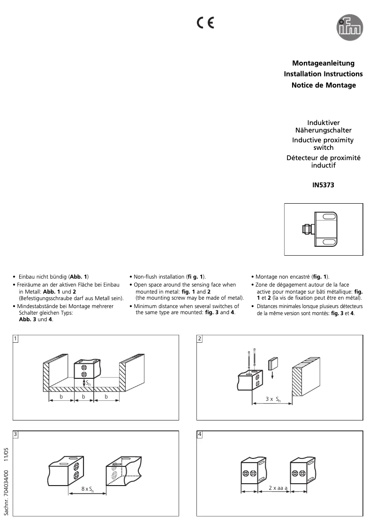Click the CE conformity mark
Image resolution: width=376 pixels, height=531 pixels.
(205, 22)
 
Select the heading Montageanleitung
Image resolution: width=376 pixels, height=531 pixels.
(323, 63)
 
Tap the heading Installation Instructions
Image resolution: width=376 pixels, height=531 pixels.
(323, 74)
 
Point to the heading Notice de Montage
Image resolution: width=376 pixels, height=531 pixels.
(323, 85)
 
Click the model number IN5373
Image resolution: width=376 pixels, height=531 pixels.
(323, 185)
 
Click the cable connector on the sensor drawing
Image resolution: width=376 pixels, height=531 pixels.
(306, 229)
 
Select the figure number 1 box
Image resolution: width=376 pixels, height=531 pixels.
(16, 339)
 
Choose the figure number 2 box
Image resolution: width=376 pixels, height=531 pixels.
(200, 339)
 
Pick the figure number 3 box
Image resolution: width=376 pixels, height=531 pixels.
(16, 434)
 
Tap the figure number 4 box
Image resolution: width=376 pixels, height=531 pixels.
(200, 434)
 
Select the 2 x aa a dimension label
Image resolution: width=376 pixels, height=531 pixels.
(278, 487)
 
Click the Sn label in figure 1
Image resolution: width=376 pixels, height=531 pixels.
(88, 383)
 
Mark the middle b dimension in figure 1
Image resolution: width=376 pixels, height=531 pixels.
(84, 397)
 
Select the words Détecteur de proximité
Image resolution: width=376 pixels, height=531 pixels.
(323, 158)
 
